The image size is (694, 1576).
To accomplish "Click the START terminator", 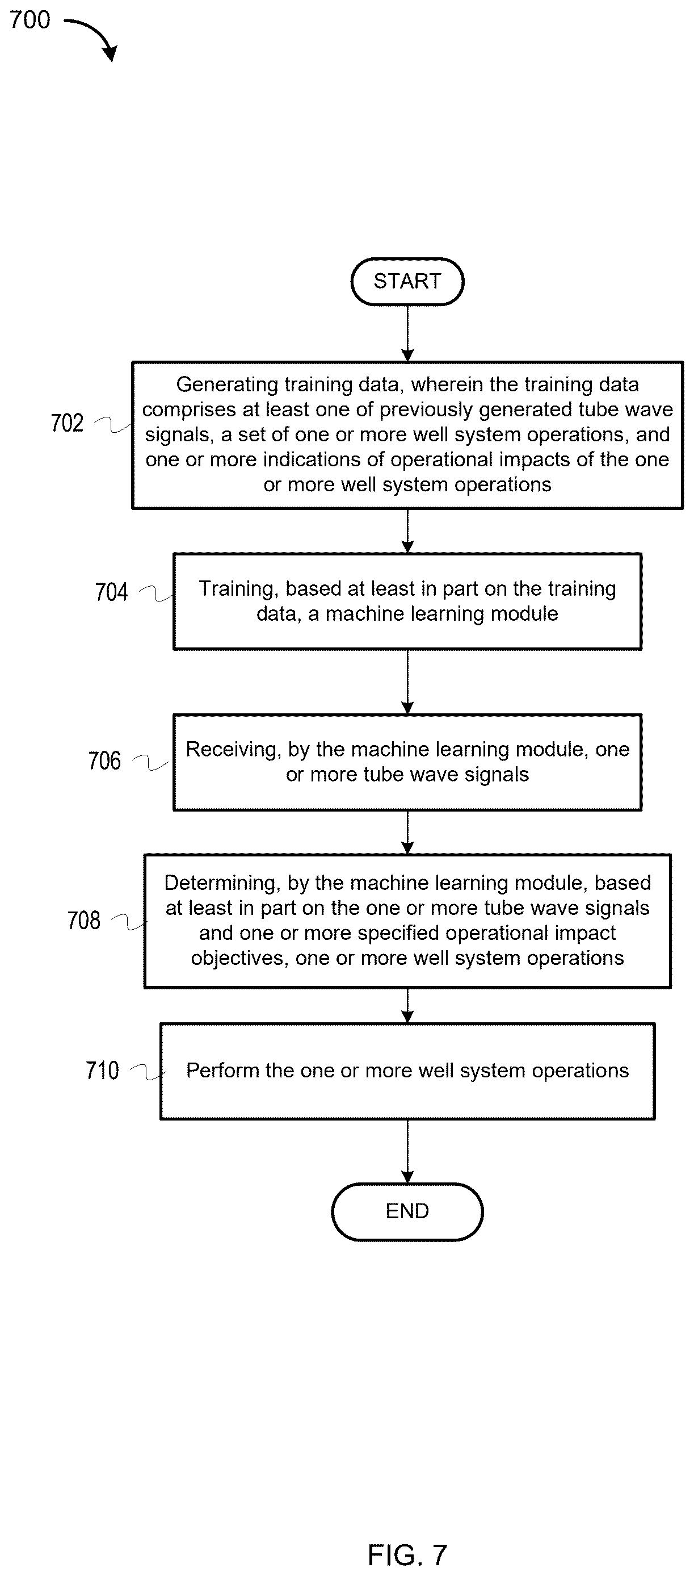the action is coord(407,282).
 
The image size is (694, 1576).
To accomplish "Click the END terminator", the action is coord(407,1211).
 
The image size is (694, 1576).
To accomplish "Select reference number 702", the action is coord(68,423).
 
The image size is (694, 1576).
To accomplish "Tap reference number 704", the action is coord(111,592).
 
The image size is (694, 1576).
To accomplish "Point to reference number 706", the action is coord(104,760).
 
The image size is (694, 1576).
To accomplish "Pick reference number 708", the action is coord(84,920).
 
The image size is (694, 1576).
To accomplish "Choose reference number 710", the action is coord(102,1070).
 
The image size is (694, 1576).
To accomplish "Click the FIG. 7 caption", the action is coord(407,1554).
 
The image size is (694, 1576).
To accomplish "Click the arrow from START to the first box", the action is coord(408,333).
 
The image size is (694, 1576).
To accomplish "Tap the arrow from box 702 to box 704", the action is coord(408,531).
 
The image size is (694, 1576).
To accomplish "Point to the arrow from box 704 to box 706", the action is coord(408,682).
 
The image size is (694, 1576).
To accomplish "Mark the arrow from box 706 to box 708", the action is coord(408,833).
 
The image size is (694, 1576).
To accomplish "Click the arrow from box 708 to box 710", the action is coord(408,1006).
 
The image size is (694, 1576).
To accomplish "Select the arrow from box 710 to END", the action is coord(408,1152).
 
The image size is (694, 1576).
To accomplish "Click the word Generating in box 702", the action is coord(228,385).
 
